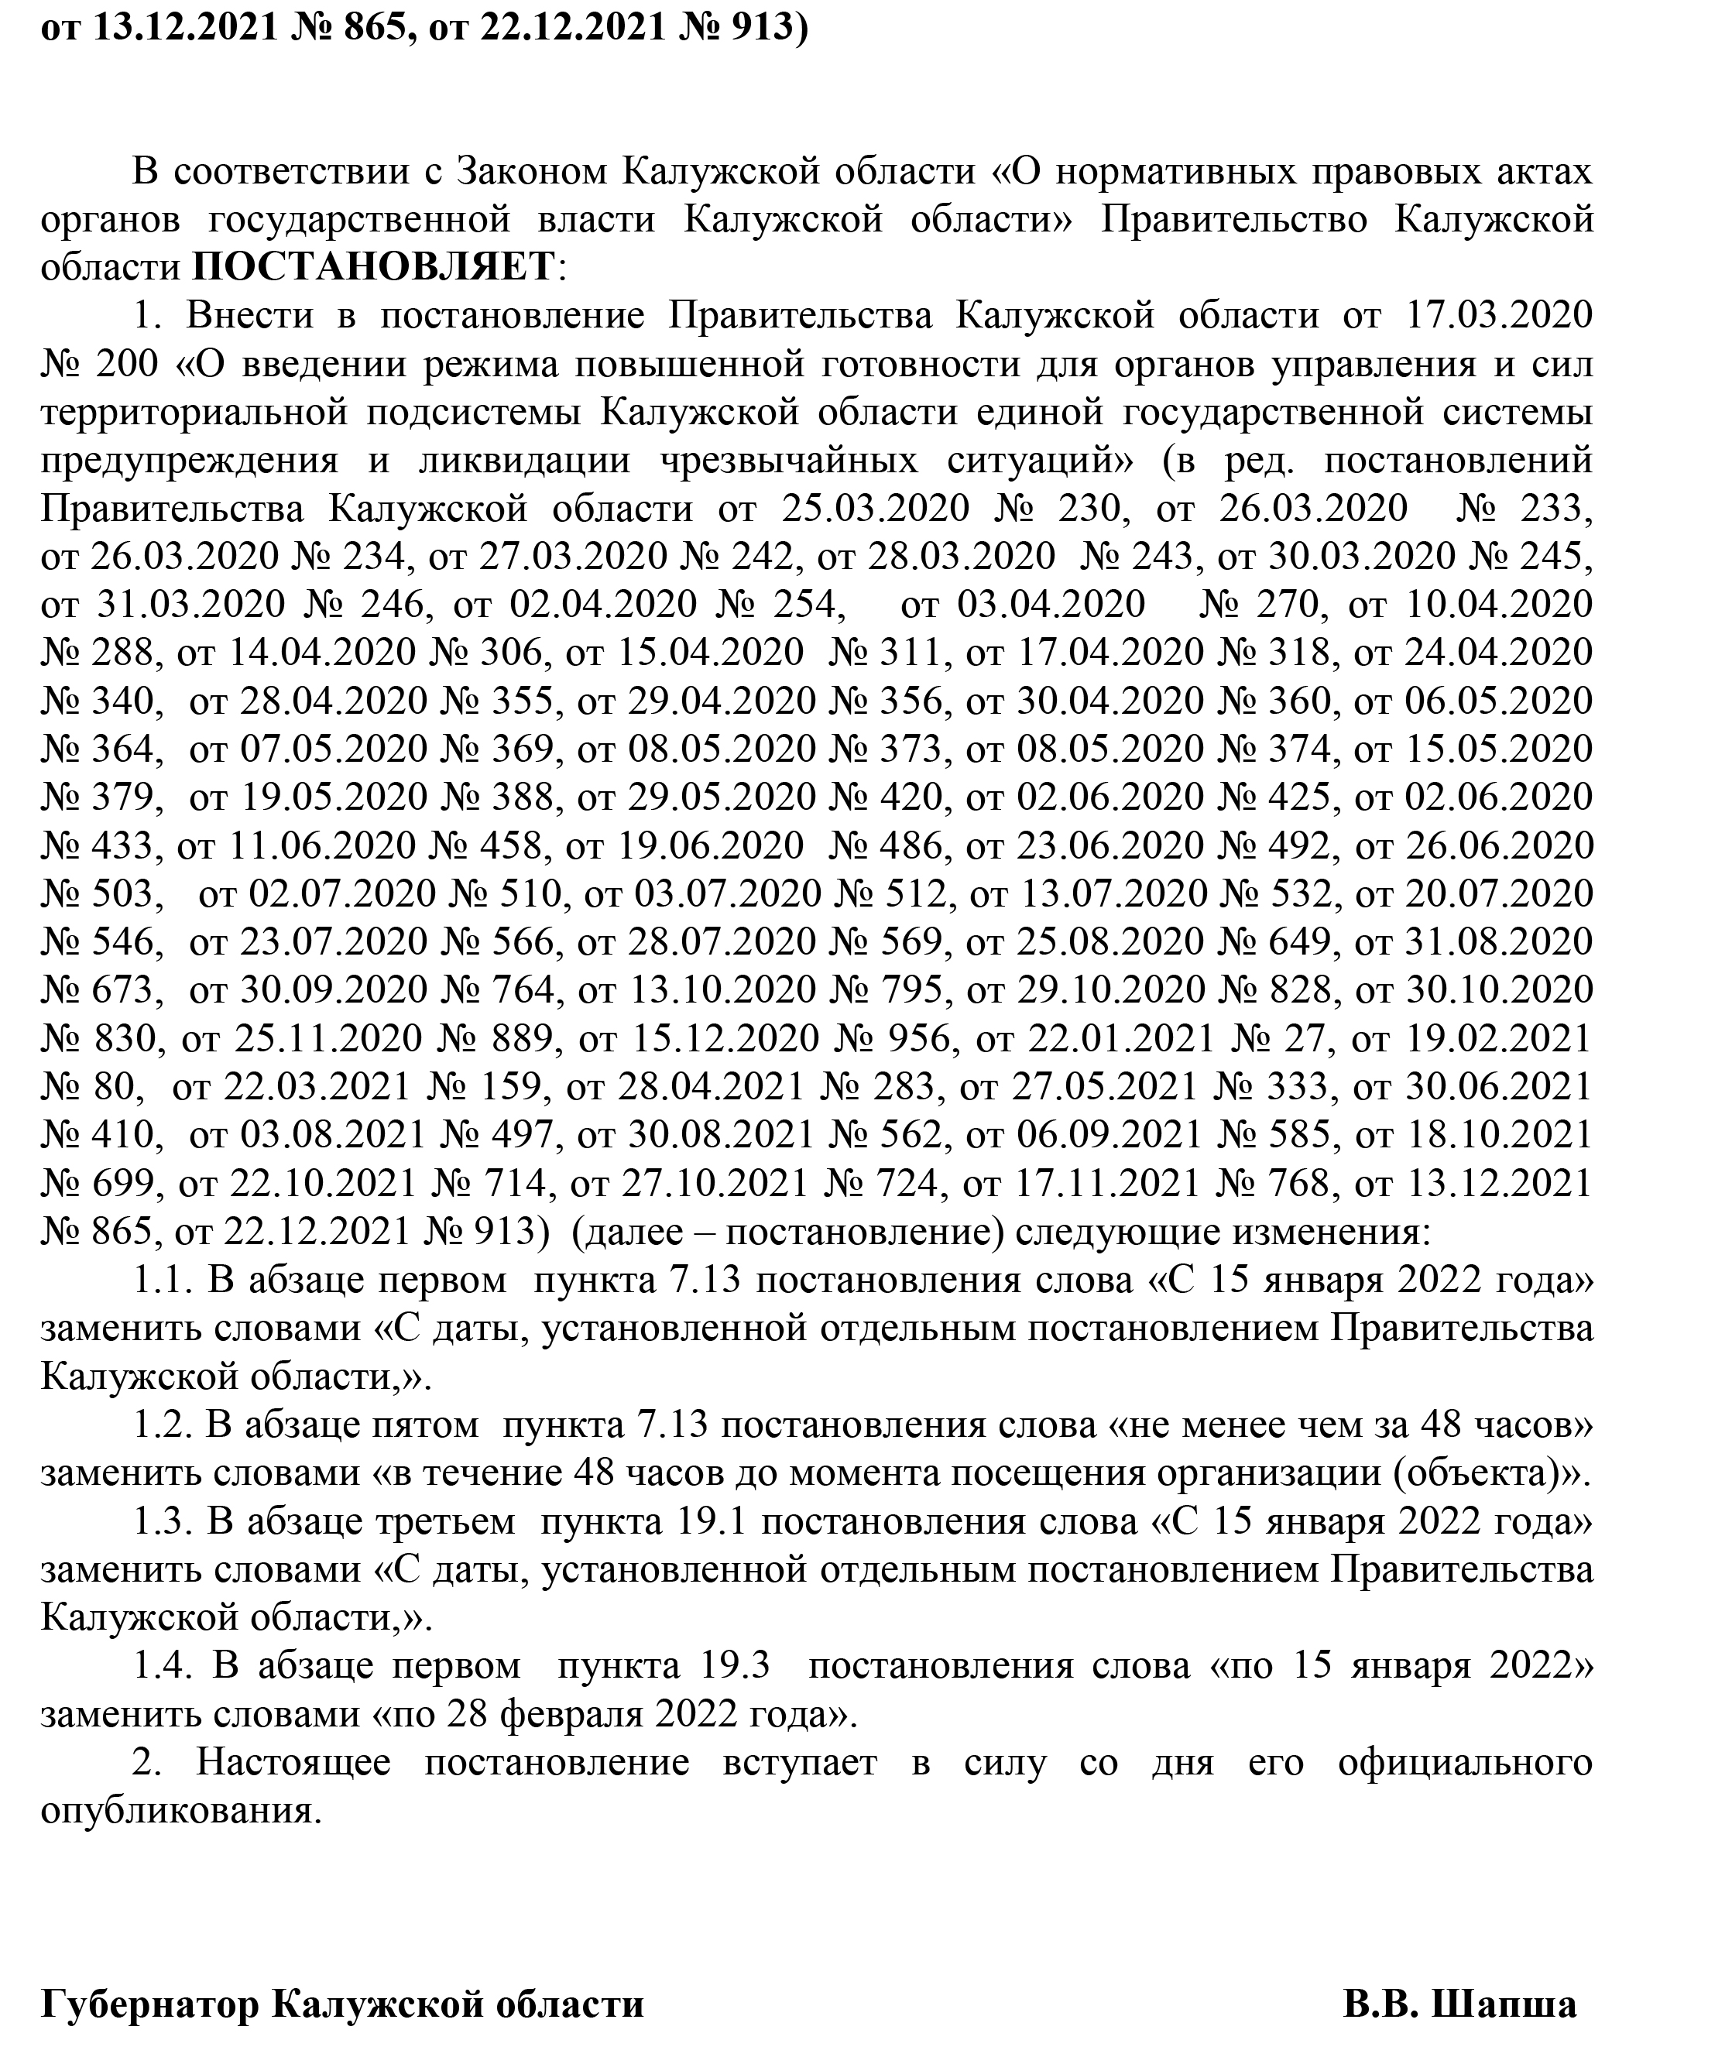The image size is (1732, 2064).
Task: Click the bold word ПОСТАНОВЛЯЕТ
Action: coord(373,266)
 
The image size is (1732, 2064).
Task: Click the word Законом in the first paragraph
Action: coord(532,171)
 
